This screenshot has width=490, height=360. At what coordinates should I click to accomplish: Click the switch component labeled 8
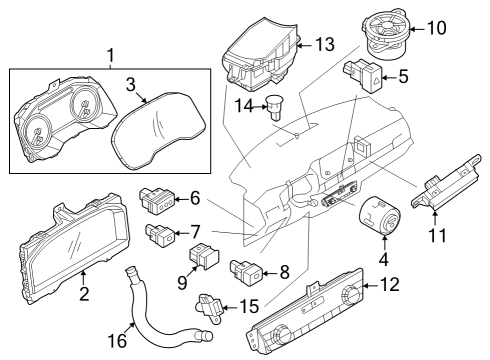248,270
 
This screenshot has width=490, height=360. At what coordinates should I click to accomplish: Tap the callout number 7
196,230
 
